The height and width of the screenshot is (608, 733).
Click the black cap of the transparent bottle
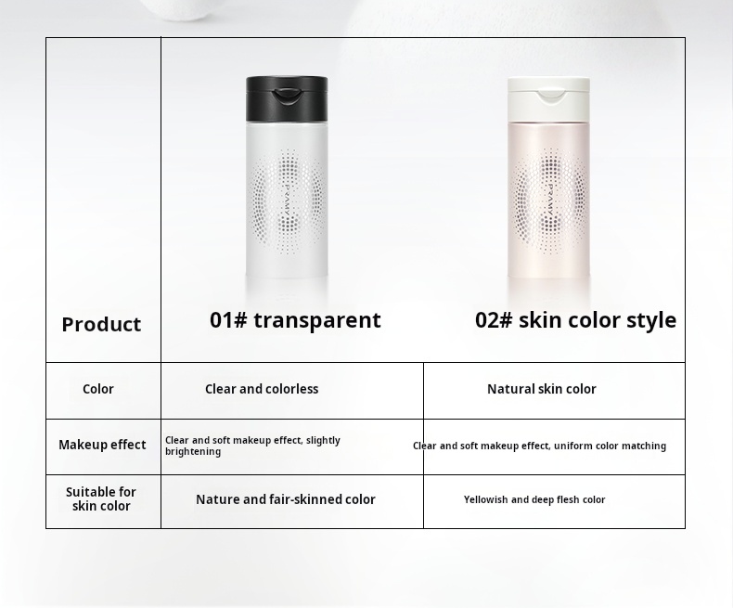tap(287, 98)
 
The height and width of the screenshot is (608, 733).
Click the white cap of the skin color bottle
tap(548, 97)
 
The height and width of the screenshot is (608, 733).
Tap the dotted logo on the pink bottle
tap(549, 200)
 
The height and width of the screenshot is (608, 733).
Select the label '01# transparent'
tap(295, 320)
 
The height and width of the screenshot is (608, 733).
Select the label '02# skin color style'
tap(575, 320)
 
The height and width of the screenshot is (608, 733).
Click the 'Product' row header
tap(101, 325)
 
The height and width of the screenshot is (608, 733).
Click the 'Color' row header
tap(98, 390)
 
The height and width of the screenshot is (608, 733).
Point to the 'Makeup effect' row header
tap(102, 446)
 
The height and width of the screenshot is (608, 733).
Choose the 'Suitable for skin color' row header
tap(101, 499)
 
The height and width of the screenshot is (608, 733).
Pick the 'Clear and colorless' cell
tap(262, 390)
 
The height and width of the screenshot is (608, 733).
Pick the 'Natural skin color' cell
tap(542, 390)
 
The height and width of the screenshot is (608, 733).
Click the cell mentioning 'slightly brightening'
tap(252, 446)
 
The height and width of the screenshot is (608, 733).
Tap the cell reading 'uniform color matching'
tap(539, 446)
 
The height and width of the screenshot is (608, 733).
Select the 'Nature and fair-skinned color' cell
tap(286, 500)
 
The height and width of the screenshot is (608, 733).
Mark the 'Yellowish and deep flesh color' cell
tap(534, 500)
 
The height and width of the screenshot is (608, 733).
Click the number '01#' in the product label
tap(228, 320)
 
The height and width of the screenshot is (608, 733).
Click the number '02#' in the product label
tap(494, 320)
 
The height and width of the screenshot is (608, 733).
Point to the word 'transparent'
tap(317, 320)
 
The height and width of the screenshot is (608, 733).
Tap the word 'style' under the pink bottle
tap(651, 320)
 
